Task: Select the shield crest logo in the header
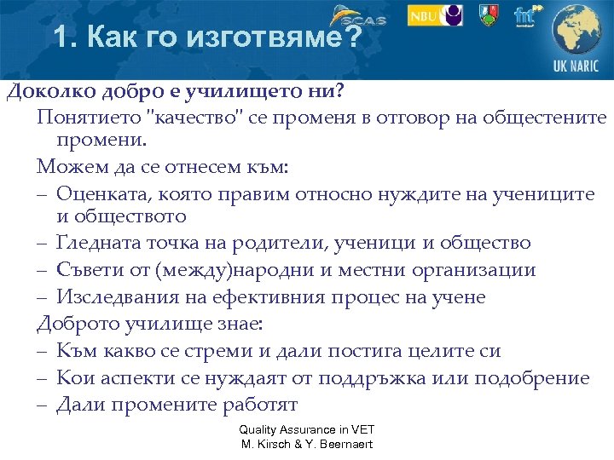(489, 14)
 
